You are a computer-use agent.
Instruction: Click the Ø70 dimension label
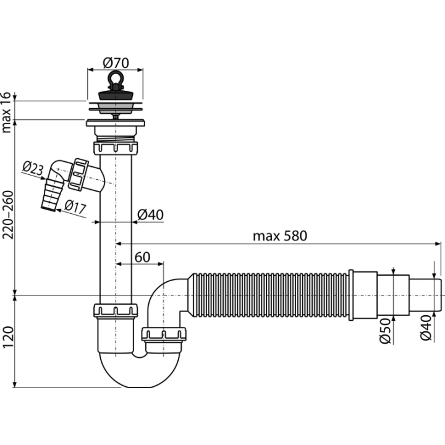coord(116,62)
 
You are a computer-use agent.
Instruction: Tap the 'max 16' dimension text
coord(6,112)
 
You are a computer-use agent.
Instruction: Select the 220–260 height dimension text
coord(7,215)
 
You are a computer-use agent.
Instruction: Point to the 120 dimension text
coord(8,337)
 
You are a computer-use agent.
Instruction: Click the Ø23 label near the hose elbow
coord(33,168)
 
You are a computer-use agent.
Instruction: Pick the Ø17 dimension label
coord(75,206)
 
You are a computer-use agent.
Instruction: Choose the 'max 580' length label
coord(280,236)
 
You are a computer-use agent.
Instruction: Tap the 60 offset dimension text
coord(142,257)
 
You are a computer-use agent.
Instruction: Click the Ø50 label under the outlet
coord(386,331)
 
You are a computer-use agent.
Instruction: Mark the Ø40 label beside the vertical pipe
coord(150,215)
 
